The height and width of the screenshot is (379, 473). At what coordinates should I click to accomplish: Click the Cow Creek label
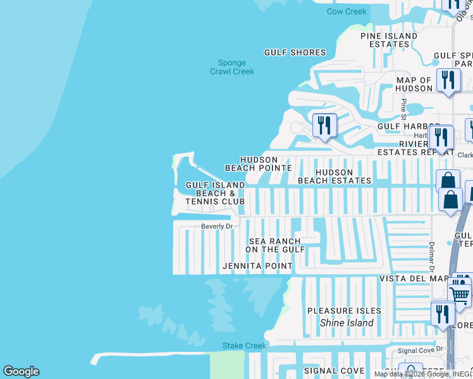click(347, 11)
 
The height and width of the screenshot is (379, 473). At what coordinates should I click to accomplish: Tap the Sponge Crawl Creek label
click(231, 67)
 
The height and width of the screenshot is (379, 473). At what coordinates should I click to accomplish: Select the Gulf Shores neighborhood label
click(295, 52)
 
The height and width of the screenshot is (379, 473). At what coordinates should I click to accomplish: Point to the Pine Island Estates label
click(389, 40)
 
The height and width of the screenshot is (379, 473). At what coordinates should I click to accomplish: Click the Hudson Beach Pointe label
click(259, 164)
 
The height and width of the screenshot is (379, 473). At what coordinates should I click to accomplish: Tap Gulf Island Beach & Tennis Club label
click(215, 193)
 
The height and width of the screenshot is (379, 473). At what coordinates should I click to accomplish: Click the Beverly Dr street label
click(217, 226)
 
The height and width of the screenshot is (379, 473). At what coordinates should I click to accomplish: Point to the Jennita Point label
click(257, 267)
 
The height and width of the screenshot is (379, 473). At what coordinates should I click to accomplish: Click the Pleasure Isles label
click(344, 311)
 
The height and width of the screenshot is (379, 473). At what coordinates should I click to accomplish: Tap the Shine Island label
click(346, 323)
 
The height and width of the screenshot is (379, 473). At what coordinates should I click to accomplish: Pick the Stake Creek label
click(244, 346)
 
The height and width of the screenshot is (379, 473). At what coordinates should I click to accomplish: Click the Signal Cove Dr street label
click(416, 351)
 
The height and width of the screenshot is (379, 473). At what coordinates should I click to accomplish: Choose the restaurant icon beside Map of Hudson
click(448, 81)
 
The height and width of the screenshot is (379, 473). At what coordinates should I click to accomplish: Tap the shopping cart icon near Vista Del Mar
click(459, 294)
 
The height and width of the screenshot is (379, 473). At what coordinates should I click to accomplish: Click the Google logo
click(21, 371)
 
